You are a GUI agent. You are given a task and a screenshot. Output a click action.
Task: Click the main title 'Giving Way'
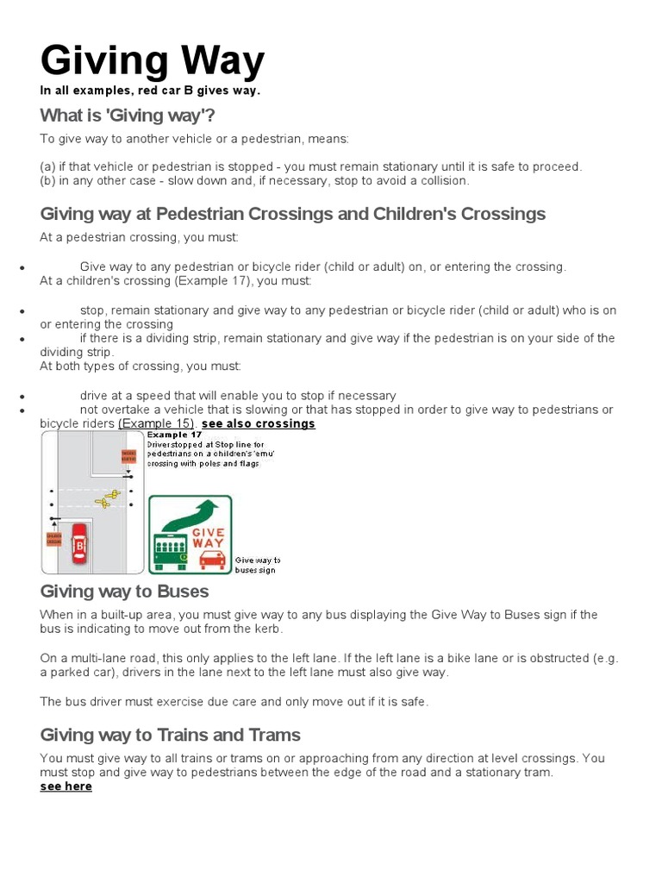pos(153,62)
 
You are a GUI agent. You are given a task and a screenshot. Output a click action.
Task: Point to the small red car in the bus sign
pos(212,559)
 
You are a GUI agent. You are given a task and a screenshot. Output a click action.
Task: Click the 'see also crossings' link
pos(259,423)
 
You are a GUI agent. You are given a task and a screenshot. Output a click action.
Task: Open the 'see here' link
pos(66,786)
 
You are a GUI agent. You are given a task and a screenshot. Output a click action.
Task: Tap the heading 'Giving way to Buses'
pos(124,592)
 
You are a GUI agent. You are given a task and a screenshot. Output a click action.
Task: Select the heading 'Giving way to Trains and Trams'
pos(170,735)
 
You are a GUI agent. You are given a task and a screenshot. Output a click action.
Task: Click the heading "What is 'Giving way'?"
pos(128,116)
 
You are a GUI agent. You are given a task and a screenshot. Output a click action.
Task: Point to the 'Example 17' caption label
pos(168,436)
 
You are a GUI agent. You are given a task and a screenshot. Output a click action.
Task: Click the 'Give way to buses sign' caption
pos(258,565)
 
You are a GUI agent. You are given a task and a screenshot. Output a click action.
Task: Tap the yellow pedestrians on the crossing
pos(107,498)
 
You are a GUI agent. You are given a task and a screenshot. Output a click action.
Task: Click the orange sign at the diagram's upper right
pos(128,456)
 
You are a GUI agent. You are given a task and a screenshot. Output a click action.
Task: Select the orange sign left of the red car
pos(53,539)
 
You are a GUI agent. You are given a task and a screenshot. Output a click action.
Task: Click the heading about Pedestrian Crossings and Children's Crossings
pos(292,213)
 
